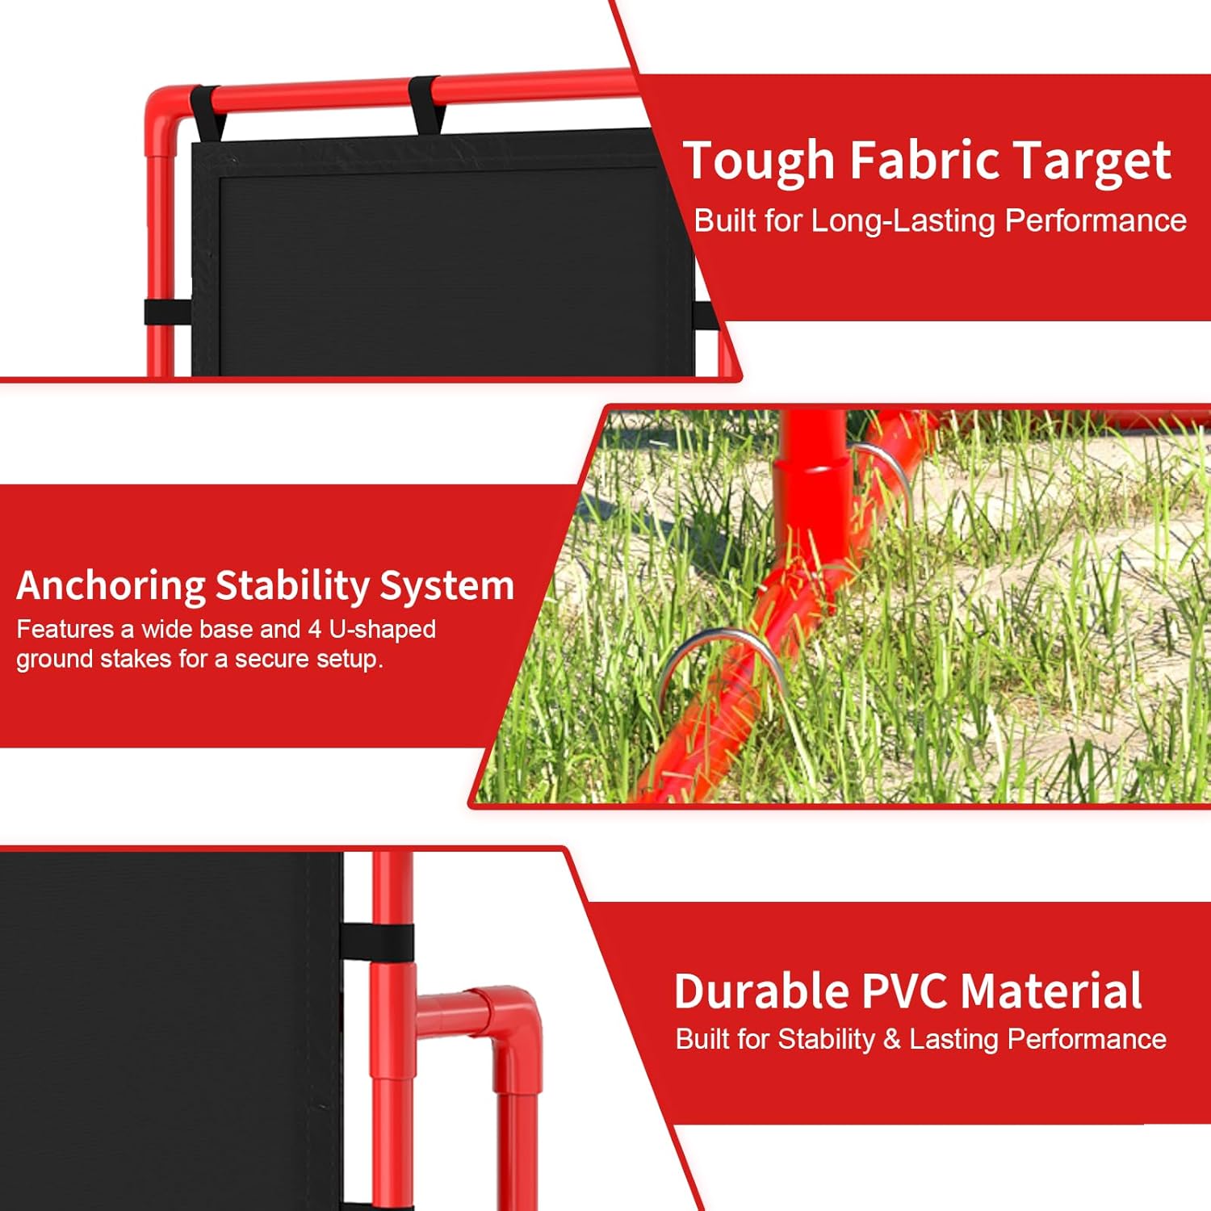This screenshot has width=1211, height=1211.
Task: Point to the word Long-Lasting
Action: click(902, 221)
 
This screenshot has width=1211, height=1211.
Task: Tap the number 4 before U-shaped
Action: click(315, 629)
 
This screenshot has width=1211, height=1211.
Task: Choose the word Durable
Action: click(762, 991)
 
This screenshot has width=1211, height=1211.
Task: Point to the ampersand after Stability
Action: click(891, 1039)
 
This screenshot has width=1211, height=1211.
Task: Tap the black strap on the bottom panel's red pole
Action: click(378, 941)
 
